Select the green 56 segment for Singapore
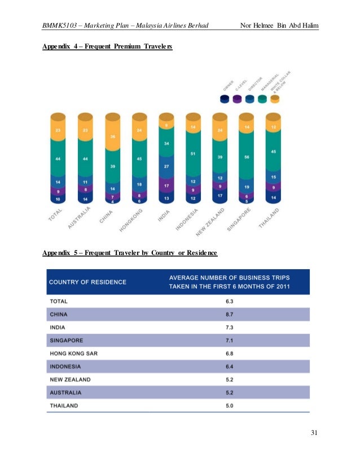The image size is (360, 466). coord(246,159)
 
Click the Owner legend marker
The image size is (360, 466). coord(225,99)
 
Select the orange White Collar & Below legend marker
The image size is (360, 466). coord(275,99)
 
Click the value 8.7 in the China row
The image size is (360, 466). coord(231,314)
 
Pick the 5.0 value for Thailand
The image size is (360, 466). coord(231,405)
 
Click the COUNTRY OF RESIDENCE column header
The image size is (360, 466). coord(87,282)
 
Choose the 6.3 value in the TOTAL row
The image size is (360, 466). coord(231,301)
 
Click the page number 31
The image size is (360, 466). coord(314,433)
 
